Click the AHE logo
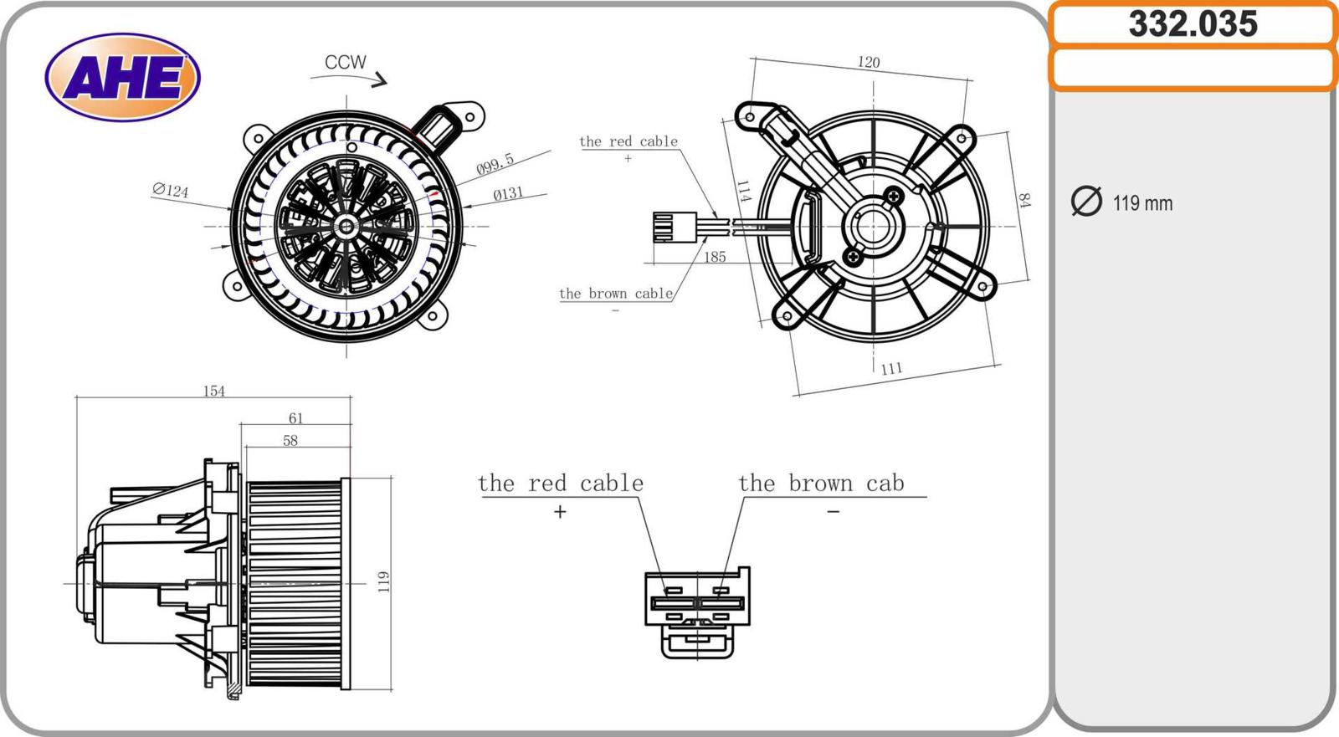click(122, 77)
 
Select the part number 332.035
click(1193, 23)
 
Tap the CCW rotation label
click(345, 62)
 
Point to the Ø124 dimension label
click(171, 191)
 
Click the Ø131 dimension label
click(508, 194)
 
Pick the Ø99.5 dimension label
click(495, 164)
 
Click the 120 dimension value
click(869, 62)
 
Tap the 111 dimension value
click(891, 368)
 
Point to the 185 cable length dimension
click(715, 257)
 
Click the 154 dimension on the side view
click(214, 391)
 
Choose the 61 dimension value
click(295, 418)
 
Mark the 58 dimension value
click(290, 441)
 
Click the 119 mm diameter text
click(1142, 203)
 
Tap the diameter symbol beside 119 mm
click(1086, 202)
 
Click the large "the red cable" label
click(560, 484)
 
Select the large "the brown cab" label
click(821, 484)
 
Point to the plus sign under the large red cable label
click(560, 511)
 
